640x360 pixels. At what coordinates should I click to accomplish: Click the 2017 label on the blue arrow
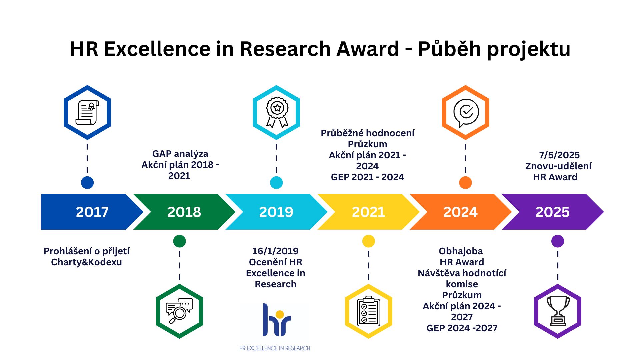[x=92, y=212]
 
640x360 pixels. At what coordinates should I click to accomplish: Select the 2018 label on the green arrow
[x=184, y=212]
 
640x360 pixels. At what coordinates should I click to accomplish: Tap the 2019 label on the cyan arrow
[x=276, y=212]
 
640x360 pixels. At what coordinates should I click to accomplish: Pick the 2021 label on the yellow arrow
[x=368, y=212]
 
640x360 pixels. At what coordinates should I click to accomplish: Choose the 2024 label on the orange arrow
[x=460, y=212]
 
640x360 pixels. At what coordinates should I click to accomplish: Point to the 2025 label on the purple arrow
[x=553, y=212]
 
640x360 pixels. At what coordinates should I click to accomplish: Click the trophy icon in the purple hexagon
[x=558, y=311]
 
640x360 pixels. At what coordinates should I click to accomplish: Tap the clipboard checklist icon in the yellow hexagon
[x=369, y=311]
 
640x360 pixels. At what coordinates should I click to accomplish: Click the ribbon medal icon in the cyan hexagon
[x=277, y=112]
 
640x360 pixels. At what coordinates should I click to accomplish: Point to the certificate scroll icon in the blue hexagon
[x=87, y=112]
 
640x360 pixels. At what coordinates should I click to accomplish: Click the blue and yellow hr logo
[x=277, y=320]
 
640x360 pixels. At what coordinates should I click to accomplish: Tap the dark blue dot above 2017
[x=87, y=183]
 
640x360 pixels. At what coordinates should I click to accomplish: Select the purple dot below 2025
[x=558, y=241]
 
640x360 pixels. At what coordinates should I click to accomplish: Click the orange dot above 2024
[x=465, y=183]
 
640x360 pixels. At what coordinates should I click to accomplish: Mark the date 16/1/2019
[x=275, y=251]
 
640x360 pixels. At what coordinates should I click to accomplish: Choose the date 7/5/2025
[x=559, y=155]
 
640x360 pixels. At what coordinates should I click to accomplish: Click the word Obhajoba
[x=461, y=251]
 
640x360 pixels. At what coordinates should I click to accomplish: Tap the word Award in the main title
[x=368, y=49]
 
